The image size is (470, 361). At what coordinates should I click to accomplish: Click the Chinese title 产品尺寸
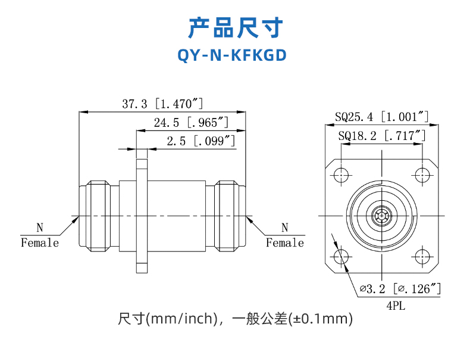235,27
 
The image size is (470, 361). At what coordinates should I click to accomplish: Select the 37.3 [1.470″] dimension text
162,104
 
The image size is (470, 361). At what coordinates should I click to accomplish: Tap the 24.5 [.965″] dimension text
191,123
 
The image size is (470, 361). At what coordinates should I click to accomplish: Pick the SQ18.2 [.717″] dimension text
381,136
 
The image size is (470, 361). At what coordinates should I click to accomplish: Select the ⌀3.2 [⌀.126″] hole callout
399,290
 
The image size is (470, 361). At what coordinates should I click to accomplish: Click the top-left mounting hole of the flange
341,175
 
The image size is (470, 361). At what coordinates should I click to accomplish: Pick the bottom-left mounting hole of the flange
341,257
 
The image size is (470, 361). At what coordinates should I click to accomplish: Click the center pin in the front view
381,215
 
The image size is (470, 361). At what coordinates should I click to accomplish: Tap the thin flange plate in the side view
140,214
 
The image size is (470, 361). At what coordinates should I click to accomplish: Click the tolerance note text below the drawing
236,319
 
